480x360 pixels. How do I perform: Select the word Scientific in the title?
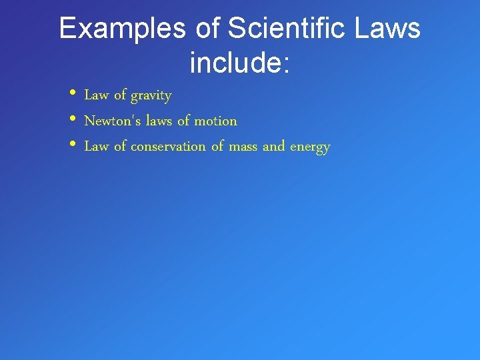click(x=291, y=29)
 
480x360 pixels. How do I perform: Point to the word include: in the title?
click(x=239, y=63)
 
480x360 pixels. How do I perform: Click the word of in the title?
click(x=209, y=29)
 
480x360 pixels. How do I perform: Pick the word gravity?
click(x=151, y=96)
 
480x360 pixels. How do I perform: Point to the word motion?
click(x=215, y=121)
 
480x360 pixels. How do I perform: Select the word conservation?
click(x=168, y=146)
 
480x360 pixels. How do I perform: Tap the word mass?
click(x=243, y=146)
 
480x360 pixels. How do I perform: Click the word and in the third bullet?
click(x=273, y=146)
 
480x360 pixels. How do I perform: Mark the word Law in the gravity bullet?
click(x=96, y=95)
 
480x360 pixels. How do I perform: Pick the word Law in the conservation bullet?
click(x=96, y=146)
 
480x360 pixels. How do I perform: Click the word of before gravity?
click(x=120, y=95)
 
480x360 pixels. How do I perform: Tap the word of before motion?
click(x=183, y=121)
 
